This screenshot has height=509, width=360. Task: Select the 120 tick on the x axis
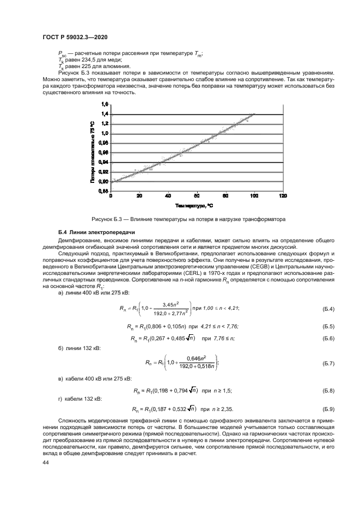[x=283, y=195]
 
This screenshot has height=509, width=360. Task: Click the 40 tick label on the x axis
[x=168, y=195]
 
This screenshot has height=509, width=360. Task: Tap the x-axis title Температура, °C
[x=194, y=206]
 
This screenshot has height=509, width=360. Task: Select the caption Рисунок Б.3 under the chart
[x=189, y=219]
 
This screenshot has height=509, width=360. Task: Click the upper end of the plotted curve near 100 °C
[x=253, y=114]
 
